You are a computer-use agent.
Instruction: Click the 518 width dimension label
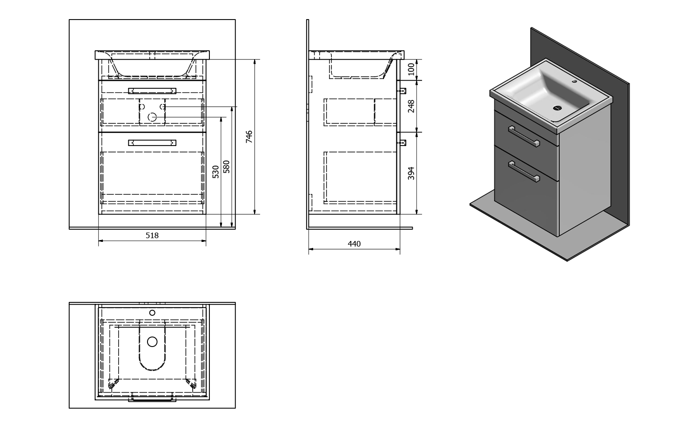(152, 235)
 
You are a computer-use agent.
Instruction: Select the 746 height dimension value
(249, 137)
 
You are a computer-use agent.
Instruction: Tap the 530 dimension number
(215, 172)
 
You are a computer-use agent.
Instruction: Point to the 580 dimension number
(227, 167)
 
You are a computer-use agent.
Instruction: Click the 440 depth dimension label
(354, 244)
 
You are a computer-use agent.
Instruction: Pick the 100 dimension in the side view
(411, 69)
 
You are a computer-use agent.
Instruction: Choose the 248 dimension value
(411, 106)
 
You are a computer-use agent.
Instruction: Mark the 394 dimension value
(411, 173)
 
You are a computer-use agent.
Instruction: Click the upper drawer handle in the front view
(152, 91)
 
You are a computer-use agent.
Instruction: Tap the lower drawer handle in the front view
(152, 143)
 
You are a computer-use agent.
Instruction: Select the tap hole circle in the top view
(152, 313)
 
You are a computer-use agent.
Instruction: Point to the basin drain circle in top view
(152, 342)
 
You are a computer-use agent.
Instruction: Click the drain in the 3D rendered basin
(557, 108)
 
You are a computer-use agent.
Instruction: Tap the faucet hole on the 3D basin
(574, 81)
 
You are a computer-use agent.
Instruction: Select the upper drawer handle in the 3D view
(524, 136)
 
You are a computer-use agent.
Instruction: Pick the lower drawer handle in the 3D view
(524, 171)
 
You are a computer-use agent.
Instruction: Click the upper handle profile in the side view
(402, 91)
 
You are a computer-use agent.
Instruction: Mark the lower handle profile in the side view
(402, 143)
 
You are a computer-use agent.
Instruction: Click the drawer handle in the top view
(152, 399)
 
